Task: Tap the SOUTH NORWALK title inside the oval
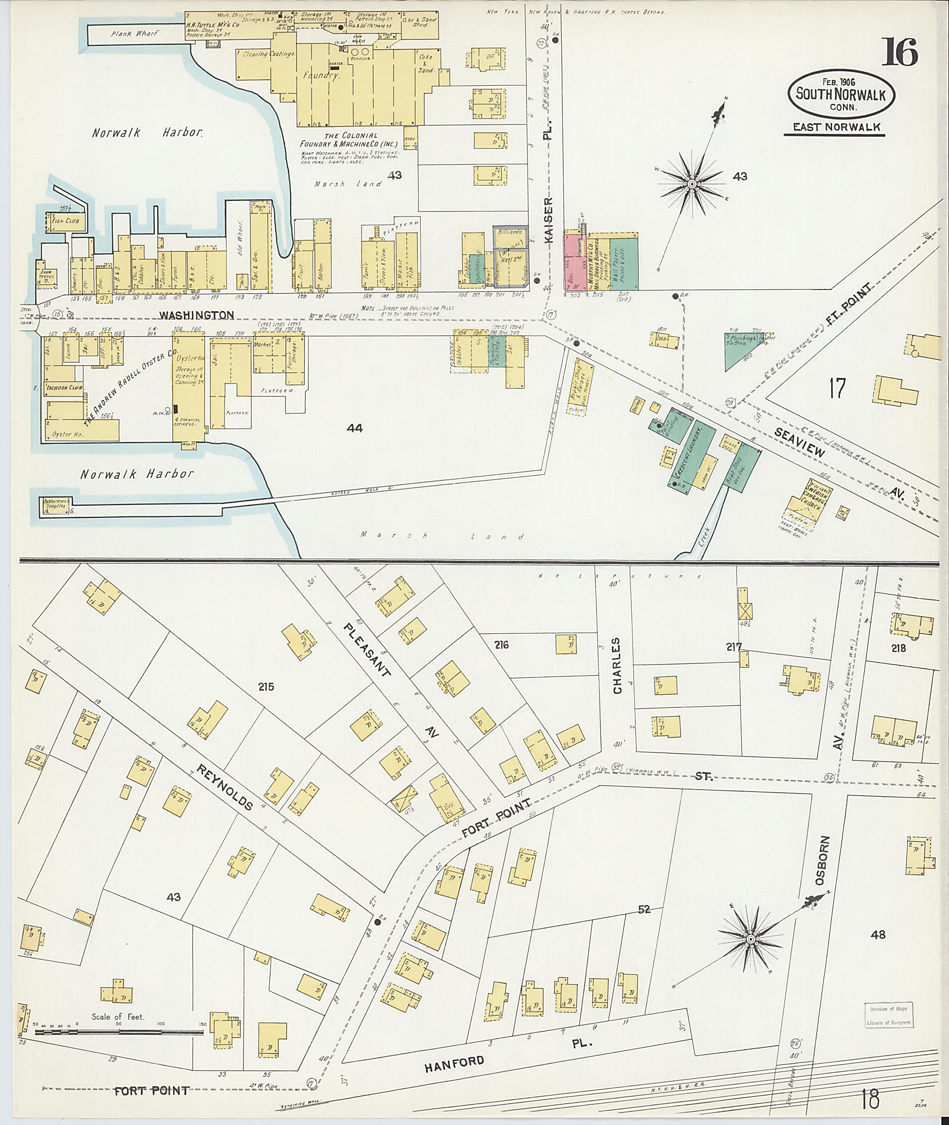coord(841,94)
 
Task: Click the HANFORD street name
coord(455,1062)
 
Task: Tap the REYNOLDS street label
coord(225,787)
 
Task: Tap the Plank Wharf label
coord(135,34)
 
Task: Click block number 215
coord(266,687)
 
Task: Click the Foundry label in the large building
coord(321,76)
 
